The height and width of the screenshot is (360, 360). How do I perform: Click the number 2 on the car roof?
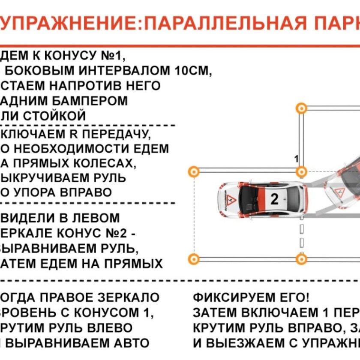[x=275, y=199]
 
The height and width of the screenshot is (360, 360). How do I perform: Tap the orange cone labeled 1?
[x=302, y=172]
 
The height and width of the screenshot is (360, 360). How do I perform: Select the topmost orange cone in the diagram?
[x=302, y=108]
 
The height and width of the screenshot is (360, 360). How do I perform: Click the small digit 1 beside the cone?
[x=296, y=159]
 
